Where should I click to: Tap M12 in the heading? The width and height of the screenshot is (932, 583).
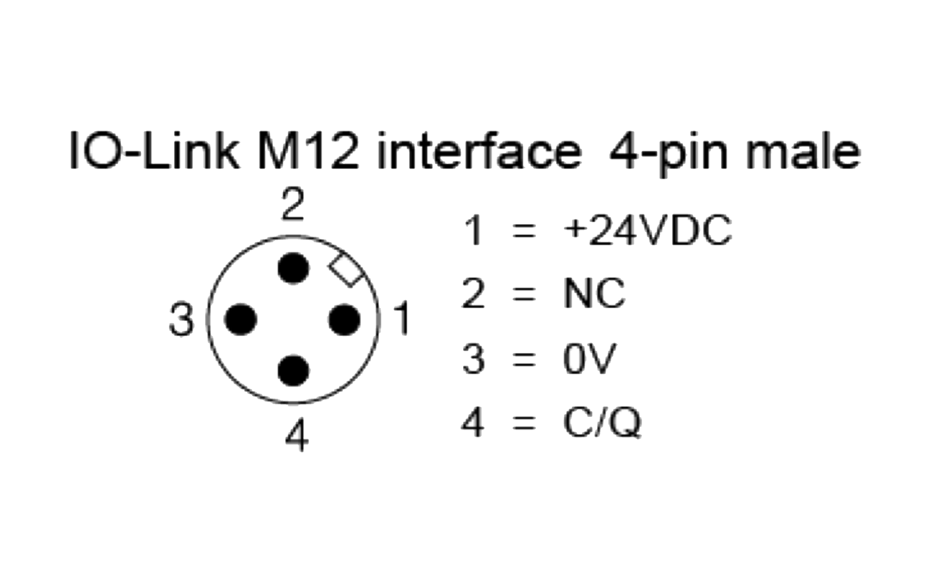pyautogui.click(x=309, y=151)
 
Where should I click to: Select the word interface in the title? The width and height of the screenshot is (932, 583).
pyautogui.click(x=479, y=151)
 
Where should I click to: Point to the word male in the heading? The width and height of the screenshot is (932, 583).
pyautogui.click(x=803, y=151)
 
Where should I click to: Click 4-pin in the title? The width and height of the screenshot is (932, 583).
pyautogui.click(x=668, y=155)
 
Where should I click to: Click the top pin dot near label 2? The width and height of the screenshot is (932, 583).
pyautogui.click(x=293, y=268)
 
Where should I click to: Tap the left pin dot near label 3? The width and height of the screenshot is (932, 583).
pyautogui.click(x=241, y=319)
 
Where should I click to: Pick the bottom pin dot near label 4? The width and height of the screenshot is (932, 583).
pyautogui.click(x=293, y=371)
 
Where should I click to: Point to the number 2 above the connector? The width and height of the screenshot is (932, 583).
pyautogui.click(x=293, y=205)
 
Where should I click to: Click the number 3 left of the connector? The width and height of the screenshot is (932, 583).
pyautogui.click(x=182, y=320)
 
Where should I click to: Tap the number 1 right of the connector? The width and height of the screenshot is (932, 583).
pyautogui.click(x=402, y=319)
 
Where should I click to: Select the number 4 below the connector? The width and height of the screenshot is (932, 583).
pyautogui.click(x=297, y=434)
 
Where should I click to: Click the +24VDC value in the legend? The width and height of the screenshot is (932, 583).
pyautogui.click(x=647, y=230)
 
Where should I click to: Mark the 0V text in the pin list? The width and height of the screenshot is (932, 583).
pyautogui.click(x=589, y=359)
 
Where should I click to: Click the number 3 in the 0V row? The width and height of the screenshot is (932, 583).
pyautogui.click(x=473, y=359)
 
